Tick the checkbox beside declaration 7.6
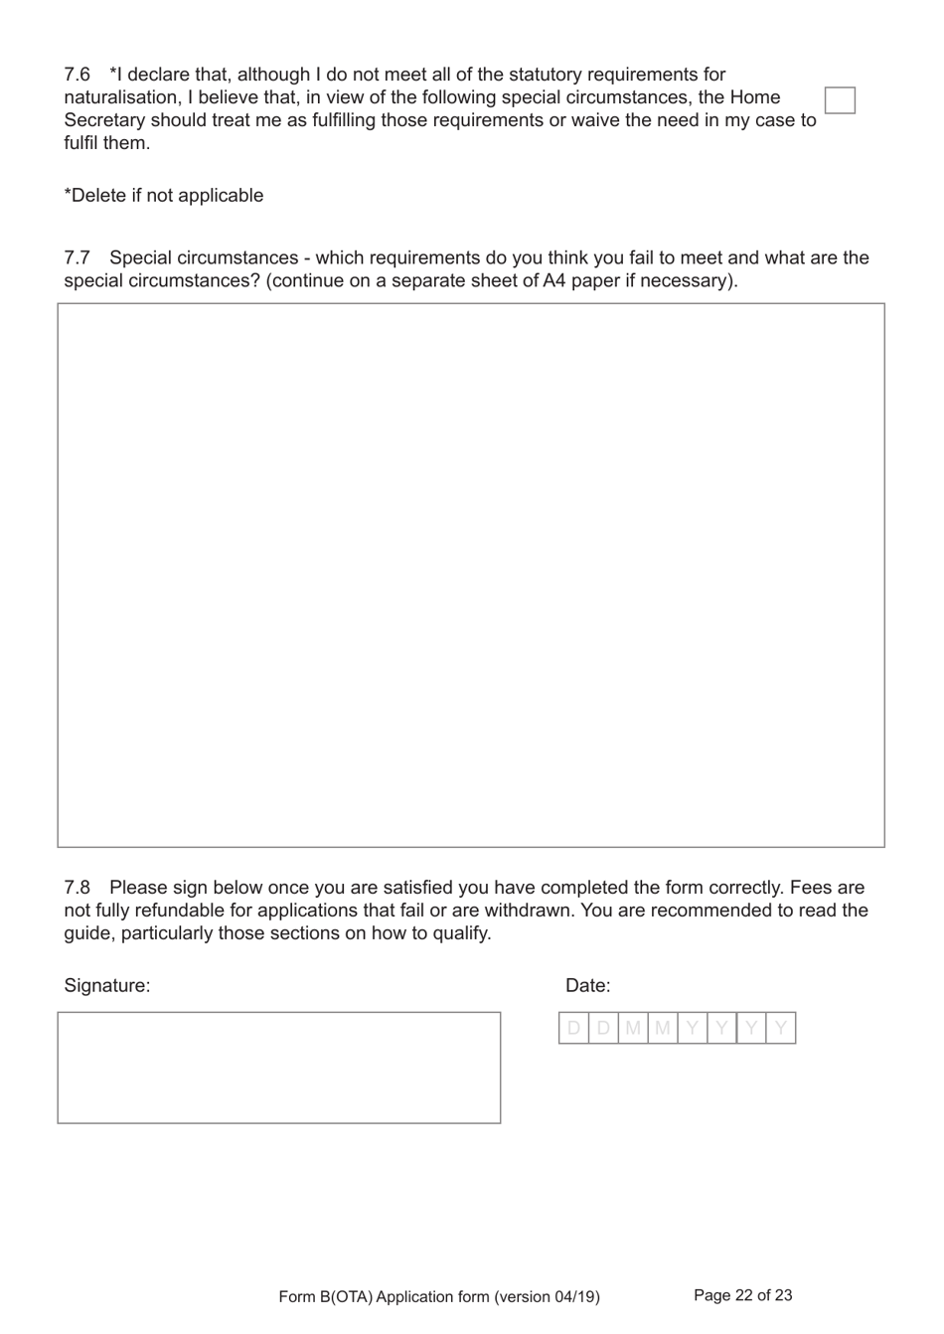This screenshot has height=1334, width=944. (840, 100)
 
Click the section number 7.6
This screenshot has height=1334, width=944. (77, 75)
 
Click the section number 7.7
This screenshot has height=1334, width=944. (77, 258)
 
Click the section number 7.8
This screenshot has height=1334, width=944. (77, 888)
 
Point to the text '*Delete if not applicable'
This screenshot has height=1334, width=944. (164, 196)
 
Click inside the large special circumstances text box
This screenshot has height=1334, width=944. (471, 575)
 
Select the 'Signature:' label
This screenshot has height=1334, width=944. (107, 986)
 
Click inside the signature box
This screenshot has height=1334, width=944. (279, 1068)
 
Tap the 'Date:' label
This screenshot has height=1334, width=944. (588, 986)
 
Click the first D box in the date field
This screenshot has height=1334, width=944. (573, 1029)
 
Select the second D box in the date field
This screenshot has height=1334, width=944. (603, 1029)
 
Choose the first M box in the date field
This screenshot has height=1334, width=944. (633, 1029)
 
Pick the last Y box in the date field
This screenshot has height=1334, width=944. (781, 1029)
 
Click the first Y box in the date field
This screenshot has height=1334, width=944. (693, 1029)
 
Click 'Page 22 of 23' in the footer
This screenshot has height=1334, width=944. (742, 1295)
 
